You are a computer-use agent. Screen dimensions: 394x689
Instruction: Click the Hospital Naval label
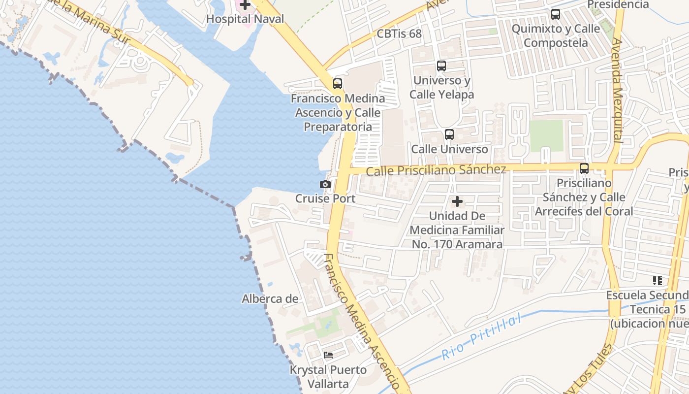[x=245, y=19]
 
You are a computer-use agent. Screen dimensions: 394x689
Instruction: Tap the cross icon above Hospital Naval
[x=245, y=5]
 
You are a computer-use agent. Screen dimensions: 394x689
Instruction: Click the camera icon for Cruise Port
[x=325, y=185]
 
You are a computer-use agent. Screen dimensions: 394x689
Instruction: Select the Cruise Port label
[x=325, y=198]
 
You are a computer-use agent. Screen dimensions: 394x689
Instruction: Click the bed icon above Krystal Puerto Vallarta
[x=328, y=355]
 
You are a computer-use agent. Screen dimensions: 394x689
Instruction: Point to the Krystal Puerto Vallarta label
[x=328, y=377]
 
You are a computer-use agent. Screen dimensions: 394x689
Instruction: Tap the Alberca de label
[x=270, y=298]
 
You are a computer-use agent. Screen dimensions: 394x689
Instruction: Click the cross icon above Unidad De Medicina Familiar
[x=457, y=201]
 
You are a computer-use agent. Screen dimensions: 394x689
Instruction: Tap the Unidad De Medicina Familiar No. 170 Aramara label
[x=457, y=230]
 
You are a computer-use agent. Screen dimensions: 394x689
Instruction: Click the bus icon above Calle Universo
[x=449, y=134]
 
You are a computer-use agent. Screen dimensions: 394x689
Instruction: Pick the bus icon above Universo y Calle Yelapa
[x=441, y=66]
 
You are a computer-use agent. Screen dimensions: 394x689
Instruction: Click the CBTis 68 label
[x=400, y=33]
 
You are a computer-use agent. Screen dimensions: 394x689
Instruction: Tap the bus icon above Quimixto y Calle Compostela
[x=556, y=14]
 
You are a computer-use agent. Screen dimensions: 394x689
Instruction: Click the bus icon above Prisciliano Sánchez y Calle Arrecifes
[x=584, y=168]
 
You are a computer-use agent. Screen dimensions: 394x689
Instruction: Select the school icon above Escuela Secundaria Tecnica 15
[x=657, y=281]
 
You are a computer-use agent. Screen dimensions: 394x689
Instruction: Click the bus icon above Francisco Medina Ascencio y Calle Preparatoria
[x=338, y=84]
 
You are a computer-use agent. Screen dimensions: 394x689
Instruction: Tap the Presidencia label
[x=618, y=4]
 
